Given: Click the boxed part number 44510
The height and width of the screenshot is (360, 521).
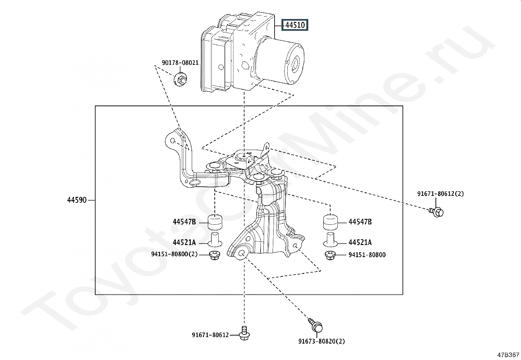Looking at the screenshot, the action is click(295, 25).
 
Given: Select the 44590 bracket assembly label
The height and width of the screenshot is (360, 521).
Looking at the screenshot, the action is click(77, 200).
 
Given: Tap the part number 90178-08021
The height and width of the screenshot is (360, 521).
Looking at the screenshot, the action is click(180, 63).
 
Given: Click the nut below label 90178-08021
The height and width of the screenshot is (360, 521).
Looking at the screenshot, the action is click(181, 79).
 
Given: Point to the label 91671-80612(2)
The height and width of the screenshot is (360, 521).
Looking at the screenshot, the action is click(440, 194).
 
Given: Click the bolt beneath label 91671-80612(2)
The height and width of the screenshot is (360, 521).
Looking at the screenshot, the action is click(436, 212).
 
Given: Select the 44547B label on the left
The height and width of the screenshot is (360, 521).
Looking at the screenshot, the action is click(184, 222).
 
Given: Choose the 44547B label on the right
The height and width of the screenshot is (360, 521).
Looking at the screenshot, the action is click(360, 222).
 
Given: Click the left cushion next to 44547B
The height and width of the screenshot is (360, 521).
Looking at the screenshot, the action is click(215, 222).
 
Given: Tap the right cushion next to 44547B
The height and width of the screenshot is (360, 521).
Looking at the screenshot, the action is click(330, 222).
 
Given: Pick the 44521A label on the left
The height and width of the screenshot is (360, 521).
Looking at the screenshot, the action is click(184, 243).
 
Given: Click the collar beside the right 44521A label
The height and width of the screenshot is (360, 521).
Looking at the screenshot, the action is click(330, 239).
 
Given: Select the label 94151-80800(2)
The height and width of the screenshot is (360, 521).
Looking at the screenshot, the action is click(174, 254).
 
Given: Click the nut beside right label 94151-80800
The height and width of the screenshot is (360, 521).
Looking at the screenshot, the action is click(330, 255).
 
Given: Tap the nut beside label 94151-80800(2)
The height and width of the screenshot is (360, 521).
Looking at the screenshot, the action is click(214, 255).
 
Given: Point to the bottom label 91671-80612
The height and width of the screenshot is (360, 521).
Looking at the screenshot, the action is click(210, 335).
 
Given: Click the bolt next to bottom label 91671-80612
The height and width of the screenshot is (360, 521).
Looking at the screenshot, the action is click(244, 333).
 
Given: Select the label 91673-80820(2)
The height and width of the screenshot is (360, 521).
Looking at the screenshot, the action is click(322, 341).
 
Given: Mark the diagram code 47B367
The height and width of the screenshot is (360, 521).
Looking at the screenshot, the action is click(508, 355).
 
